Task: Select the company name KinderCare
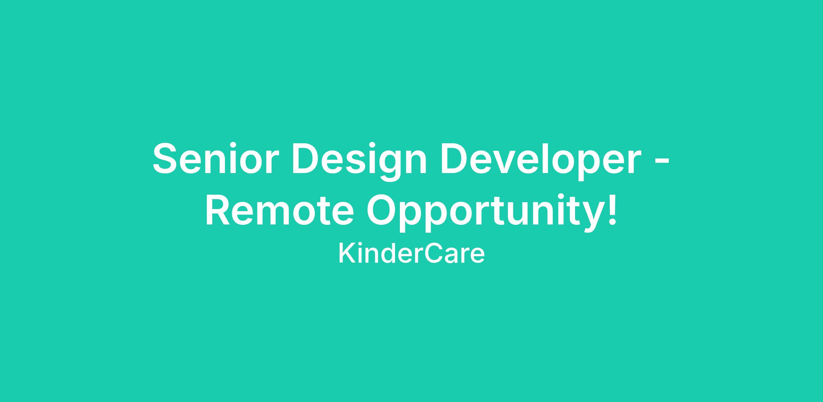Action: click(x=411, y=254)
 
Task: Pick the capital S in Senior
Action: click(x=167, y=159)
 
